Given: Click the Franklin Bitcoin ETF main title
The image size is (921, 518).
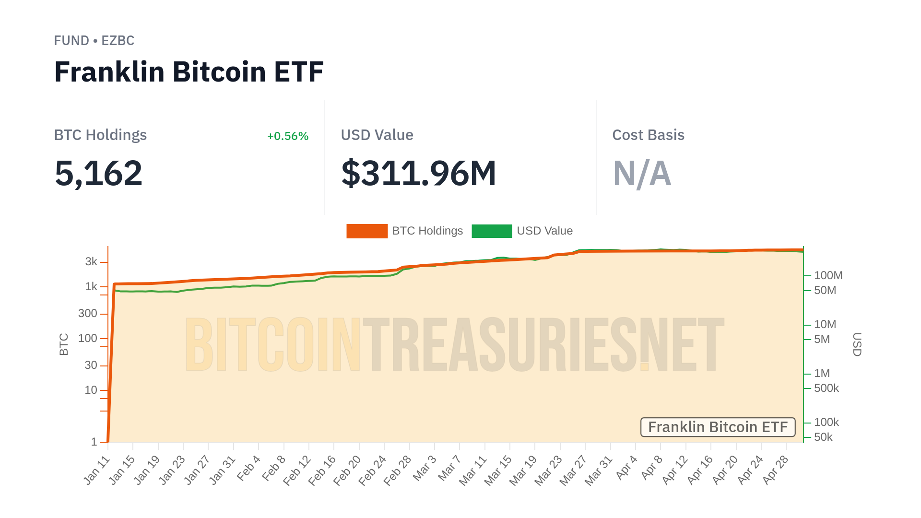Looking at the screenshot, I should click(189, 72).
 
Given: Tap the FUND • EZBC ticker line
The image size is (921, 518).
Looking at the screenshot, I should click(94, 41).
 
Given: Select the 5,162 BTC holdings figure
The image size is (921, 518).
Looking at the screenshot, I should click(98, 173).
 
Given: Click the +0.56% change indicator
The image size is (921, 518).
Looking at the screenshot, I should click(287, 136).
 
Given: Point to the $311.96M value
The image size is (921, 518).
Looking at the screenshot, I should click(418, 173).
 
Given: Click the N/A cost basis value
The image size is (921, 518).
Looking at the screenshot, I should click(642, 173).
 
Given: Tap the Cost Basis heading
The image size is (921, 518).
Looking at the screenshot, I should click(648, 135).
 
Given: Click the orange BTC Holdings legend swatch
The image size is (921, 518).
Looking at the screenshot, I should click(366, 231).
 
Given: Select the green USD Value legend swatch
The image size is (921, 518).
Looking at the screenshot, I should click(492, 231).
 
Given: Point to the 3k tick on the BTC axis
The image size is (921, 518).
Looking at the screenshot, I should click(91, 262).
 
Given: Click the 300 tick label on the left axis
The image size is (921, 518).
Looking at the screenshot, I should click(88, 314).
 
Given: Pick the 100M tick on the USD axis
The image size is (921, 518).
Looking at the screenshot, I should click(828, 276).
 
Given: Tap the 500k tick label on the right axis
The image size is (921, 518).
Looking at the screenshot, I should click(826, 388).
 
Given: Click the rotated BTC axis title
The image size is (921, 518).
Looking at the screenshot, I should click(64, 344).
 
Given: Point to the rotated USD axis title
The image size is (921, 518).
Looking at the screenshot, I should click(857, 344).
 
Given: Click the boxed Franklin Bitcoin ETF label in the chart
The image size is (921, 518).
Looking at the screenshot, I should click(718, 427).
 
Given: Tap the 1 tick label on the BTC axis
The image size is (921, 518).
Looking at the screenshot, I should click(94, 442).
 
